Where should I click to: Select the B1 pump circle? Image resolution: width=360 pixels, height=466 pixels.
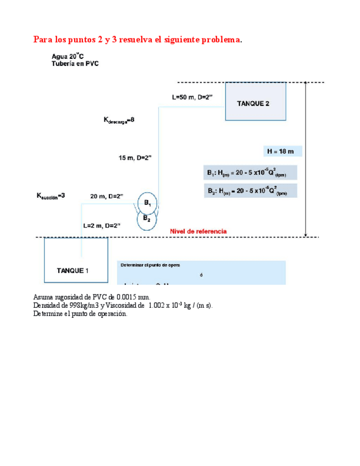[147, 203]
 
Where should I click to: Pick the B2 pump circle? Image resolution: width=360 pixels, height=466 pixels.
[147, 219]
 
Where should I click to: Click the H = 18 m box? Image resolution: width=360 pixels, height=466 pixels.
[281, 151]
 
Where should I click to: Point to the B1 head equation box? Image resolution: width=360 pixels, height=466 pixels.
[250, 173]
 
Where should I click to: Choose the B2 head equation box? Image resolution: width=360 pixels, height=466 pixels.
[250, 191]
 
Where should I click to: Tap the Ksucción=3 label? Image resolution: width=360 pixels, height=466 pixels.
[51, 196]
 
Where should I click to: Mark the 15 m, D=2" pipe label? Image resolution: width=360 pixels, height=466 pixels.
[135, 158]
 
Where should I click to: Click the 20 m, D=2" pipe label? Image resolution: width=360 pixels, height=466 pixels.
[107, 196]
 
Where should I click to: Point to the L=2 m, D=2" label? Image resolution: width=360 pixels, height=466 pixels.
[102, 225]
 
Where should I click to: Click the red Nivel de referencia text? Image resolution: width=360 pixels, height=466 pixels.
[198, 232]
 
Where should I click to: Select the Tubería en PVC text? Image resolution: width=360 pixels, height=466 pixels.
[75, 63]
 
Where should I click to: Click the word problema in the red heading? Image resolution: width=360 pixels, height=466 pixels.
[218, 40]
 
